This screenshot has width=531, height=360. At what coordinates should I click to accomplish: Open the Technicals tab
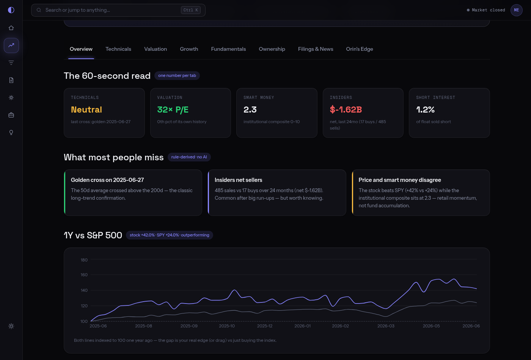pyautogui.click(x=118, y=49)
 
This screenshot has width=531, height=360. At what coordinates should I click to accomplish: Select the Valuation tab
pyautogui.click(x=156, y=49)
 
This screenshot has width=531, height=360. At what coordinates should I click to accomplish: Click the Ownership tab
pyautogui.click(x=272, y=49)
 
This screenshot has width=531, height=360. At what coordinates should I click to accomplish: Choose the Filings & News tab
pyautogui.click(x=316, y=49)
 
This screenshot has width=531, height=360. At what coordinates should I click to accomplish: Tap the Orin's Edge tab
pyautogui.click(x=360, y=49)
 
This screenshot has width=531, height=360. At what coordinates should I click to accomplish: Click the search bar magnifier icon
pyautogui.click(x=39, y=10)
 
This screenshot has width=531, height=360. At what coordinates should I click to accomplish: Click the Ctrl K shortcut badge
pyautogui.click(x=190, y=10)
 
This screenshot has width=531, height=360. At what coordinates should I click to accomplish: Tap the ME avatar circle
pyautogui.click(x=516, y=10)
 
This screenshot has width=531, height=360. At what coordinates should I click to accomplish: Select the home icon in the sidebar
pyautogui.click(x=11, y=28)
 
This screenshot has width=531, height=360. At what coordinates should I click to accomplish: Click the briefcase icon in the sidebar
pyautogui.click(x=11, y=115)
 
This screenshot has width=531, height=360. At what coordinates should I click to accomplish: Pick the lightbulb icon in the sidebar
pyautogui.click(x=11, y=132)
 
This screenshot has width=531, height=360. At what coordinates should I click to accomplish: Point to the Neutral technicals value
pyautogui.click(x=86, y=110)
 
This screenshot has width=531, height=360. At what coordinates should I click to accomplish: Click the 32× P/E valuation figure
pyautogui.click(x=173, y=110)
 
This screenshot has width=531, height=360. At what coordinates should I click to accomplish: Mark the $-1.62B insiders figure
pyautogui.click(x=346, y=110)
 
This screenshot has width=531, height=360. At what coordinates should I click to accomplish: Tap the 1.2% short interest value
pyautogui.click(x=425, y=110)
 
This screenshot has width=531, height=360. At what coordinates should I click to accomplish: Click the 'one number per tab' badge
pyautogui.click(x=177, y=75)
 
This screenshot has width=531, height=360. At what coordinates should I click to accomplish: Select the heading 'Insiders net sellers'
pyautogui.click(x=239, y=180)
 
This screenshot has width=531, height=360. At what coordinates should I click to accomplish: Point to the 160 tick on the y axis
pyautogui.click(x=84, y=275)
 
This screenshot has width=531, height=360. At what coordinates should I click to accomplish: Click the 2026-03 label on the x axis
pyautogui.click(x=386, y=326)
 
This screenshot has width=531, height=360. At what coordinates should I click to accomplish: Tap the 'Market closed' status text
pyautogui.click(x=489, y=10)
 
